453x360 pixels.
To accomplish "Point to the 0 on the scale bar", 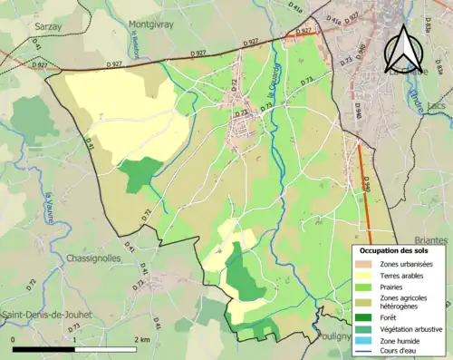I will tap(14, 338).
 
